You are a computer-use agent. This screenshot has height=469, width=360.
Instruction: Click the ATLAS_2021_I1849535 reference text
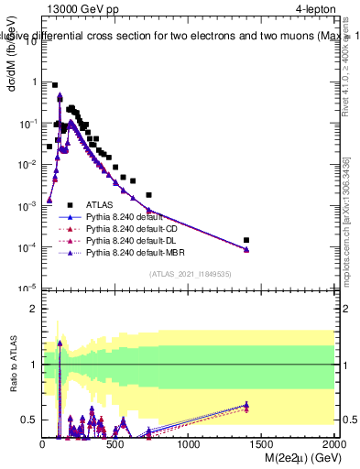(x=189, y=273)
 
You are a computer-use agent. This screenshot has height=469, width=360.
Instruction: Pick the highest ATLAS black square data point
(x=55, y=85)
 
